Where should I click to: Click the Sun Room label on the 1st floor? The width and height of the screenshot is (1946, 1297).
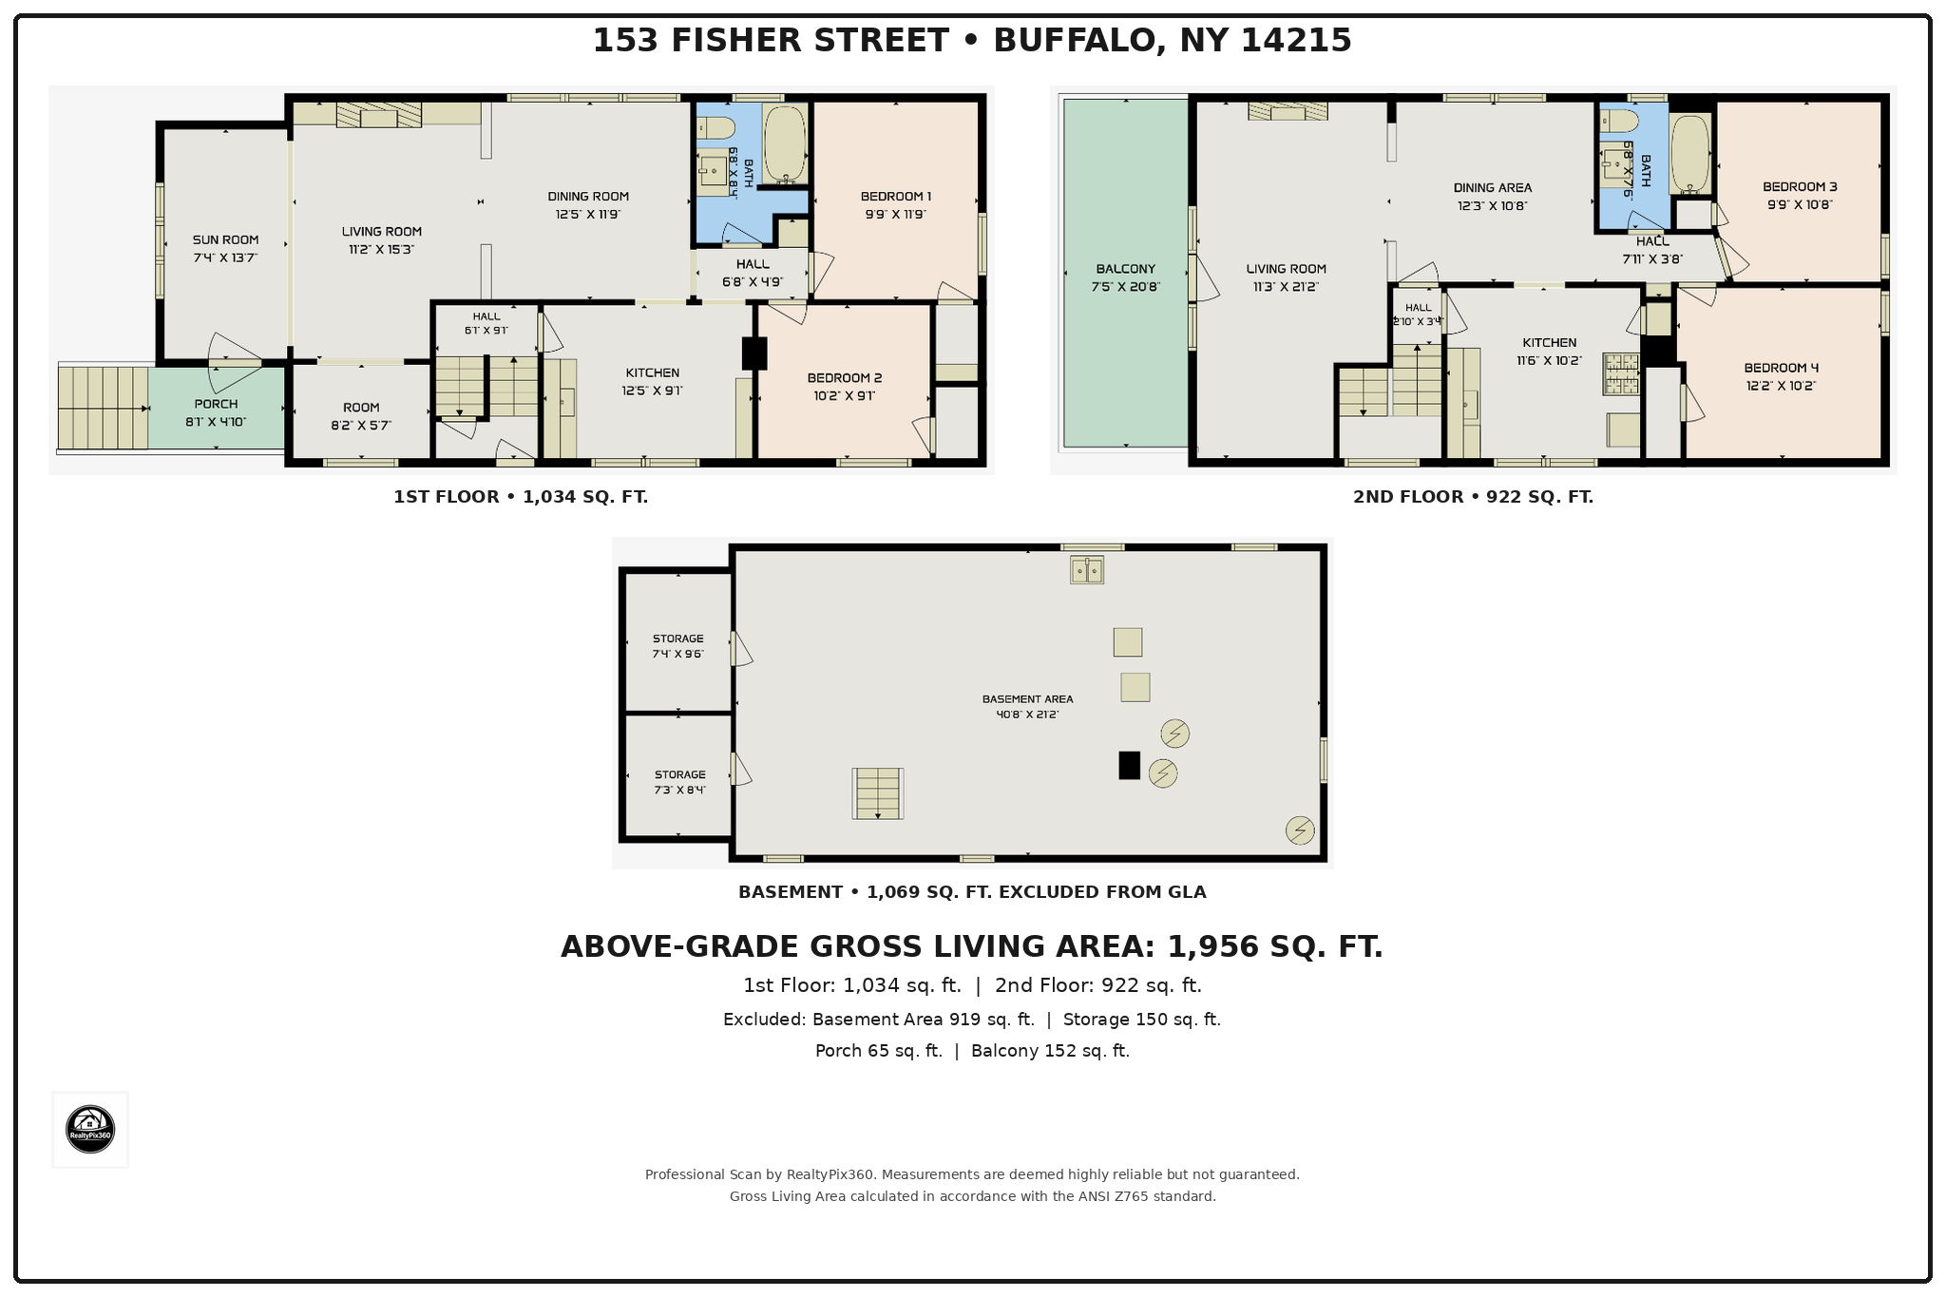coord(225,240)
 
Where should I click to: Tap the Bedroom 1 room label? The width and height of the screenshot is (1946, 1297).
coord(895,197)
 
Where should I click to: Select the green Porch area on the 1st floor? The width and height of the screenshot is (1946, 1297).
coord(217,408)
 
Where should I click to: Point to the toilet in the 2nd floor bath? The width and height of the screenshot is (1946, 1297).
coord(1619,121)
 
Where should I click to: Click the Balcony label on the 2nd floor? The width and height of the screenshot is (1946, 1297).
coord(1125,269)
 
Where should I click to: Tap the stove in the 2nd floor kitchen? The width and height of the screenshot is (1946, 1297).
coord(1621,373)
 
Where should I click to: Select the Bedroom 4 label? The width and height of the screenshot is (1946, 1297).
coord(1781,368)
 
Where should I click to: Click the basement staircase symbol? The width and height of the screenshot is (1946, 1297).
coord(877,793)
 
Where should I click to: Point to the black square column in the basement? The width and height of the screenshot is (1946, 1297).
coord(1129,766)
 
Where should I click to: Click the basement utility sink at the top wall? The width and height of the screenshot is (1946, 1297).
coord(1087,570)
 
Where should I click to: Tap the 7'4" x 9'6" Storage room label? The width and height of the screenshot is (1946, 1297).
coord(677,646)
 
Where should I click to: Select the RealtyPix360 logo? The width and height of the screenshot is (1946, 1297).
coord(90,1130)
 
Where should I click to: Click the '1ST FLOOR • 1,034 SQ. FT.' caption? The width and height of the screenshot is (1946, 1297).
coord(521,497)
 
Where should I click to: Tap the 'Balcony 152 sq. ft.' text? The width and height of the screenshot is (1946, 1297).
coord(1050,1051)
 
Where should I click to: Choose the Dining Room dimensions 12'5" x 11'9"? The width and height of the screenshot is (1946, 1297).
coord(588,215)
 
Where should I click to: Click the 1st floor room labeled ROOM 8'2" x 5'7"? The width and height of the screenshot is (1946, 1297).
coord(361,416)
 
